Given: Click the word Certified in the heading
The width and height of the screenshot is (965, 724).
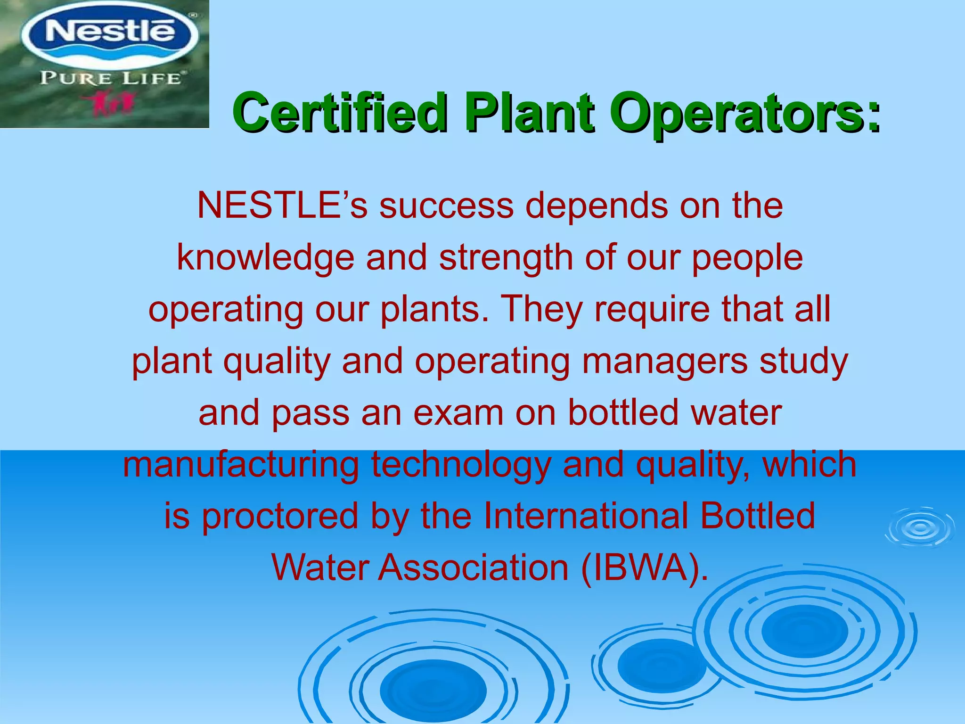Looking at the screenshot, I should tap(339, 112).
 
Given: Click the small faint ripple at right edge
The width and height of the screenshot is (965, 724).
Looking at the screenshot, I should tap(919, 528).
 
